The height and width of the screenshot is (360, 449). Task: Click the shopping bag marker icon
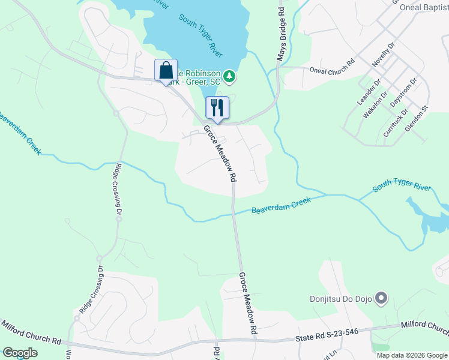point(166,70)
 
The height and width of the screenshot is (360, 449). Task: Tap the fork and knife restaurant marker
point(217,107)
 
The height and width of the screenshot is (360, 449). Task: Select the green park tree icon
point(229,76)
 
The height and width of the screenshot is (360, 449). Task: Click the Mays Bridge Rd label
point(281,34)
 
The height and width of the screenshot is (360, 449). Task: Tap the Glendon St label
point(418,119)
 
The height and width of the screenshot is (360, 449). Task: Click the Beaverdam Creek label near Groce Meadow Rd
point(281,205)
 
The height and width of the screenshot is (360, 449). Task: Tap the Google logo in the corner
point(20,353)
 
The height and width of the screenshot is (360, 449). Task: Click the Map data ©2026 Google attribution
point(411,355)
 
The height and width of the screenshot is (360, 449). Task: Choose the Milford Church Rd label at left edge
point(30,333)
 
